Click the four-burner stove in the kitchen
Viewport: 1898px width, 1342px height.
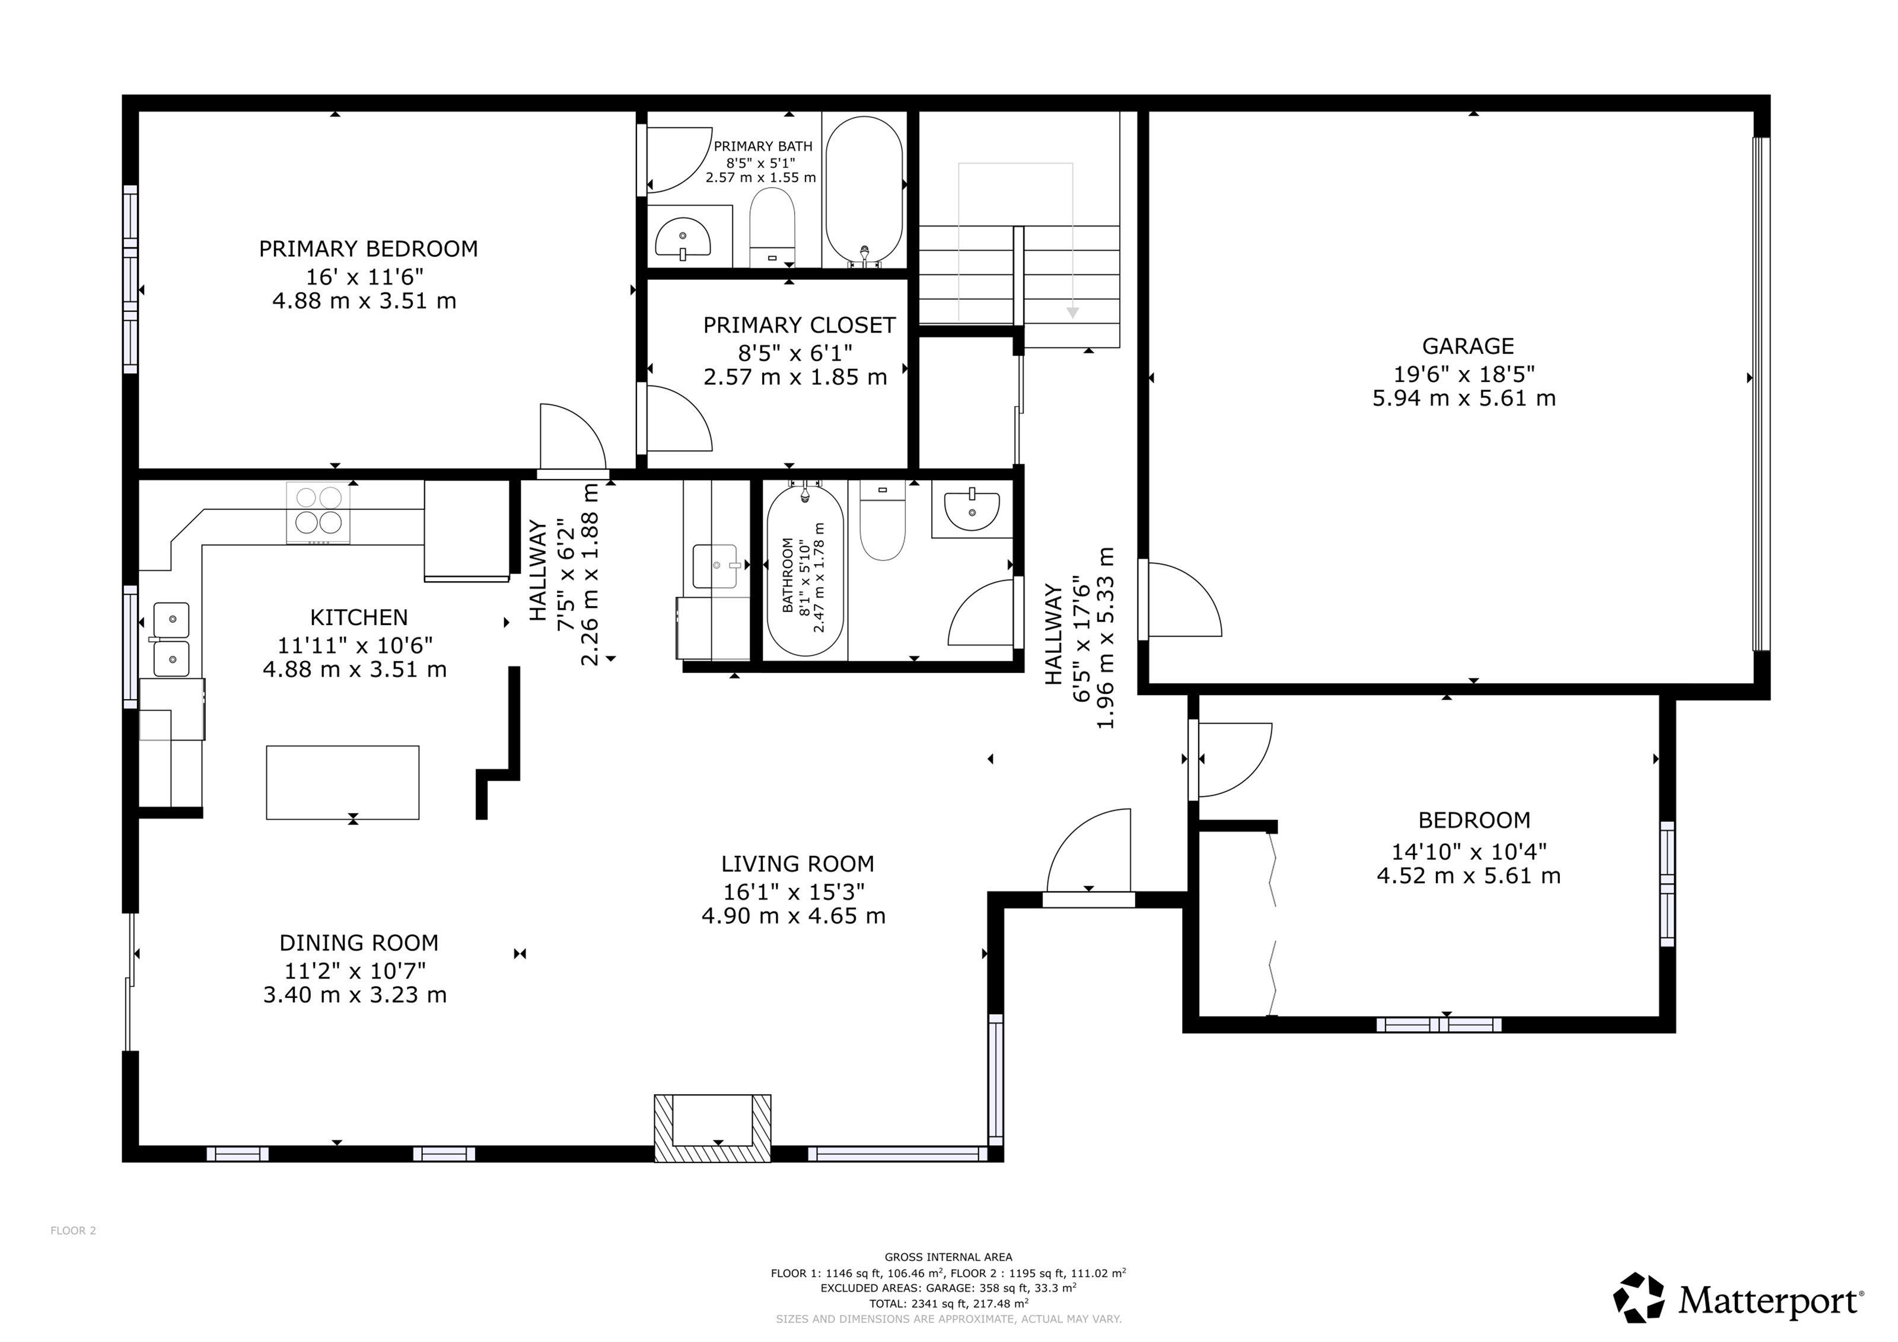(319, 512)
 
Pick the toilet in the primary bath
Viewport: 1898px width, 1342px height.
(772, 227)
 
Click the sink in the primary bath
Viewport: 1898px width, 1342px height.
(683, 238)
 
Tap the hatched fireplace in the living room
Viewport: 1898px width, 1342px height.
(712, 1128)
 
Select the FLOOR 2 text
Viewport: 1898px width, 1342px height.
(73, 1231)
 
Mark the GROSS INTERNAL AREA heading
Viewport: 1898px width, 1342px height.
(948, 1257)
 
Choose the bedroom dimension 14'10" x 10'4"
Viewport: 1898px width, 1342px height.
(1469, 850)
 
